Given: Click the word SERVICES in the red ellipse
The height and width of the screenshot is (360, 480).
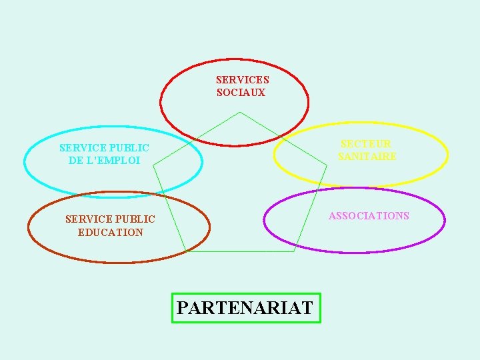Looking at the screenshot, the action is point(242,79).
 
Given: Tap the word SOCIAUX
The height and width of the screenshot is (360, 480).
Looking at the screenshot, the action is point(241,93).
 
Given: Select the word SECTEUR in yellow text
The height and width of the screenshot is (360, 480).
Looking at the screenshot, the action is point(366,143).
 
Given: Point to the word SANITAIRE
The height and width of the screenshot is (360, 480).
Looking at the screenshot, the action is point(367,157).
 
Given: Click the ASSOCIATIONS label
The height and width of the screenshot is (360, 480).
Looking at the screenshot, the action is point(369,215).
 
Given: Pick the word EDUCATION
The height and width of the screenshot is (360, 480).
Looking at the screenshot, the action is point(110,232).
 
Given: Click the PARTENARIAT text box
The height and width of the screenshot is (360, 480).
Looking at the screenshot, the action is point(246,308).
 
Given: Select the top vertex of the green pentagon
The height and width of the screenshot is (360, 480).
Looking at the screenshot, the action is point(239,112).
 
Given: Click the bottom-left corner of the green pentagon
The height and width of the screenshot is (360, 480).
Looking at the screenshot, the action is point(186,251).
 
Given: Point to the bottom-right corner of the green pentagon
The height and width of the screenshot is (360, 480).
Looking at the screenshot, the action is point(294,251).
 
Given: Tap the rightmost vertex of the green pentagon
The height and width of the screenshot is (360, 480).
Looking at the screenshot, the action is point(327,165).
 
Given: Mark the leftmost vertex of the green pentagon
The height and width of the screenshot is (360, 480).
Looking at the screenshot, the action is point(153,165).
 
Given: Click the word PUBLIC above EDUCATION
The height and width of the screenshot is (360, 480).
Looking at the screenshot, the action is point(133,219).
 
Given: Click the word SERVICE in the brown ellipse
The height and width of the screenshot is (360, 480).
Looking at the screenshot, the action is point(86,219).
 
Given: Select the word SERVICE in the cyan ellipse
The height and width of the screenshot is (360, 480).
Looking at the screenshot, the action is point(80,147).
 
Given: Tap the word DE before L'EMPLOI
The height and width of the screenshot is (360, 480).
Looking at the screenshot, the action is point(75,161).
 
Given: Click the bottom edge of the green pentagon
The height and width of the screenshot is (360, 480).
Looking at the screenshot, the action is point(240,251).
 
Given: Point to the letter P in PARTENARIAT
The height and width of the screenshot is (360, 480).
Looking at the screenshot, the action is point(183,308).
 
